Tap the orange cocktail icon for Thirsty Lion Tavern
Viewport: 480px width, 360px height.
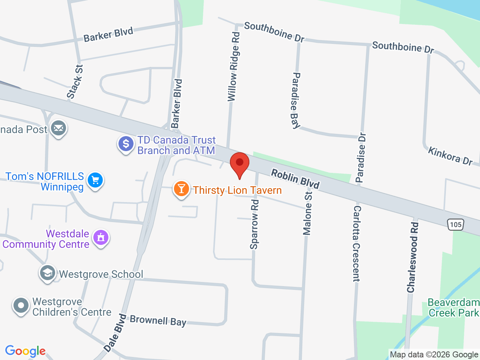click(181, 189)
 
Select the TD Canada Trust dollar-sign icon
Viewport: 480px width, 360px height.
click(126, 144)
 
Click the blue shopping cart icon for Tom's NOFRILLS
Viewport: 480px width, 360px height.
click(95, 181)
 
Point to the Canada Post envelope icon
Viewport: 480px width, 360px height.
click(58, 128)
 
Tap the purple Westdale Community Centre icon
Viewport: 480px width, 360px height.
click(100, 238)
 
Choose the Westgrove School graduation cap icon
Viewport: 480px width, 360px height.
click(48, 273)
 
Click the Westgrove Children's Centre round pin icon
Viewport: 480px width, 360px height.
click(21, 306)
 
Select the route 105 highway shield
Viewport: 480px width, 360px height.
click(456, 225)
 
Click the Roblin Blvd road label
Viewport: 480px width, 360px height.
click(295, 178)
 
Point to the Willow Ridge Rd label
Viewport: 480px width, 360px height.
click(233, 67)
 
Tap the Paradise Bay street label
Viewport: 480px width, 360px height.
click(296, 100)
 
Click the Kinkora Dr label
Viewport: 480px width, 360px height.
click(450, 156)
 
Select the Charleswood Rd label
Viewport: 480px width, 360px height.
click(412, 257)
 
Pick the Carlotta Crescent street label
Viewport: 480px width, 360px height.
click(356, 243)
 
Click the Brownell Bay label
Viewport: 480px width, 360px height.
click(158, 321)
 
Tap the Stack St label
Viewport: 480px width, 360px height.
click(75, 82)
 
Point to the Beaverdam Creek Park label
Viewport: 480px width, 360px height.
click(453, 307)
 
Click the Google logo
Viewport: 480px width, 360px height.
click(25, 351)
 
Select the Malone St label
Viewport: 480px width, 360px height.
click(307, 213)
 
